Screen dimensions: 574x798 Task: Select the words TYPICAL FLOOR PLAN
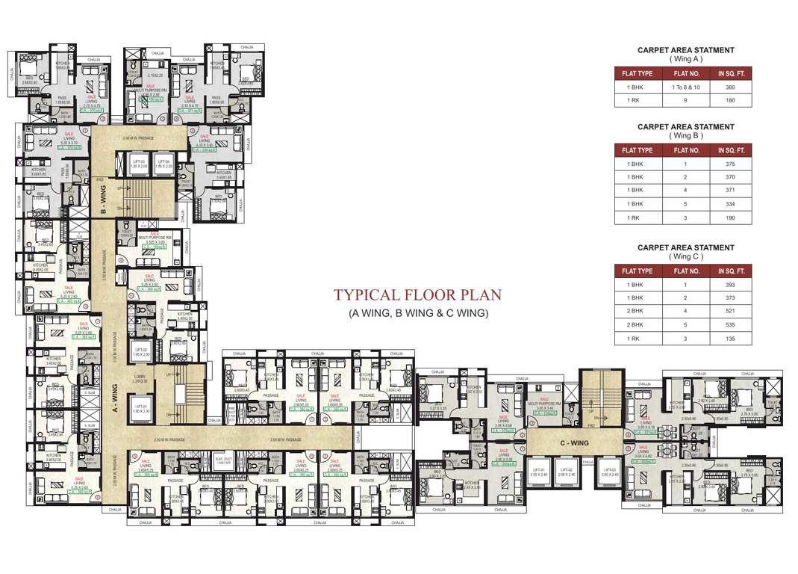click(x=417, y=294)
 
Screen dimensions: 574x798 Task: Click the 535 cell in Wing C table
click(x=730, y=325)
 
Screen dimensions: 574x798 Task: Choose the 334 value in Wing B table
click(x=730, y=204)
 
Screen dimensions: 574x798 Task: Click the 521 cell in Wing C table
click(x=730, y=312)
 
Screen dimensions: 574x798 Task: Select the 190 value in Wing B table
click(x=730, y=217)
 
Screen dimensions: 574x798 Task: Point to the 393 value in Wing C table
click(x=730, y=285)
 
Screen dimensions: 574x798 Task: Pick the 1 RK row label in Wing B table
click(x=634, y=217)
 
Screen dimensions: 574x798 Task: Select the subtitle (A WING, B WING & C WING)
click(x=417, y=314)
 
